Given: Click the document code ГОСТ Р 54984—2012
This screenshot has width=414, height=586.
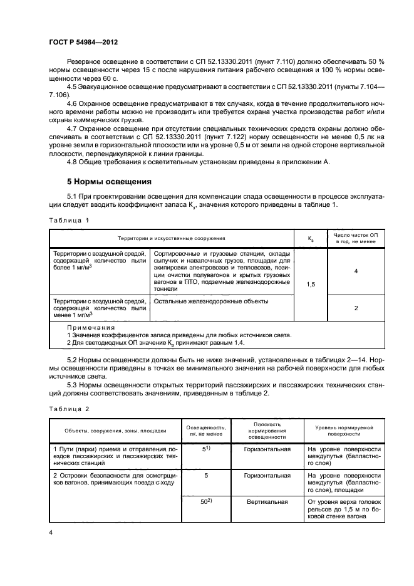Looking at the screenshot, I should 84,42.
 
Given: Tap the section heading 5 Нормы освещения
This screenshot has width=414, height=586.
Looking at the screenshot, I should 109,182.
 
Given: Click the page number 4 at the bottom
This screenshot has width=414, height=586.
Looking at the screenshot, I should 51,532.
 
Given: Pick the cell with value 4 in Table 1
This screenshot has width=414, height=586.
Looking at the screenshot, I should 356,271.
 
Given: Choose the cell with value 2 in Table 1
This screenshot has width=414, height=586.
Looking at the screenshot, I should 356,308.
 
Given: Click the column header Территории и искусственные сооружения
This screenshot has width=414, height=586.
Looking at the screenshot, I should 171,238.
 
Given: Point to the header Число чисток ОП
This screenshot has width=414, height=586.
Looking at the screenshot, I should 356,234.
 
